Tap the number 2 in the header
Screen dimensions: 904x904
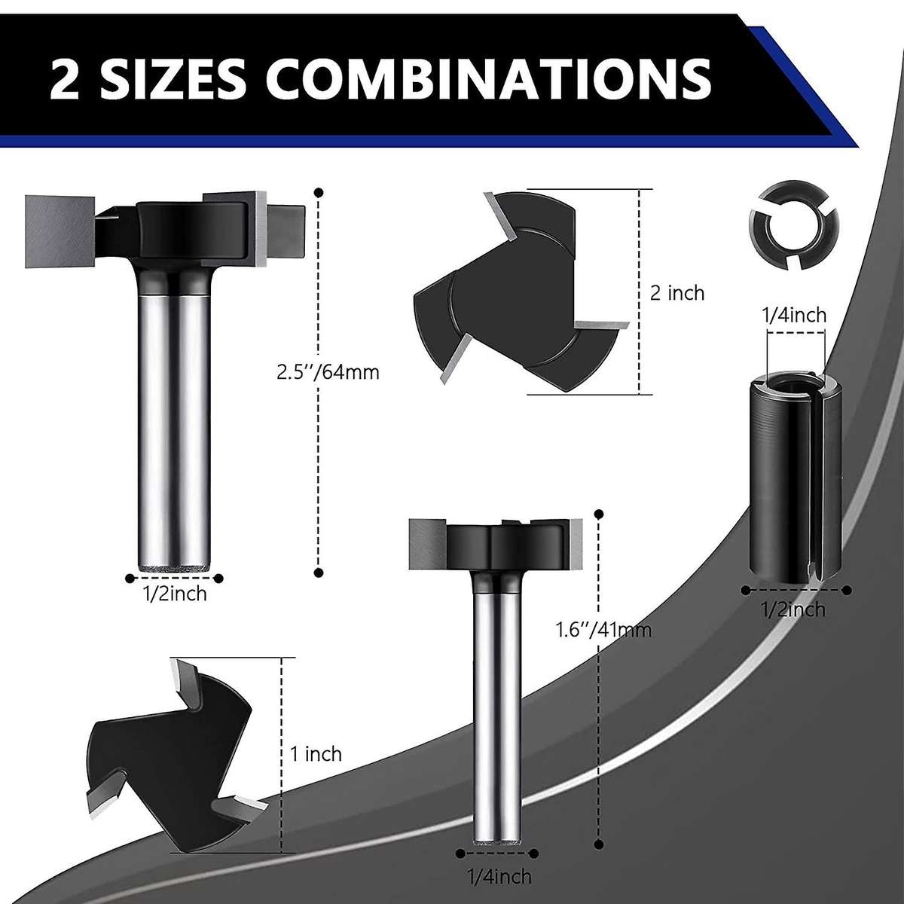pos(67,78)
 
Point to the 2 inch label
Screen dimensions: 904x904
pos(677,293)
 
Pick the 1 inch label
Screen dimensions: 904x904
pos(316,754)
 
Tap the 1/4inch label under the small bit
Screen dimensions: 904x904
pos(499,876)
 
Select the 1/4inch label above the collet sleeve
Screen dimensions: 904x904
pos(793,314)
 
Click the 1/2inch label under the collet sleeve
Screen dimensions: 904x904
pos(793,609)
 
